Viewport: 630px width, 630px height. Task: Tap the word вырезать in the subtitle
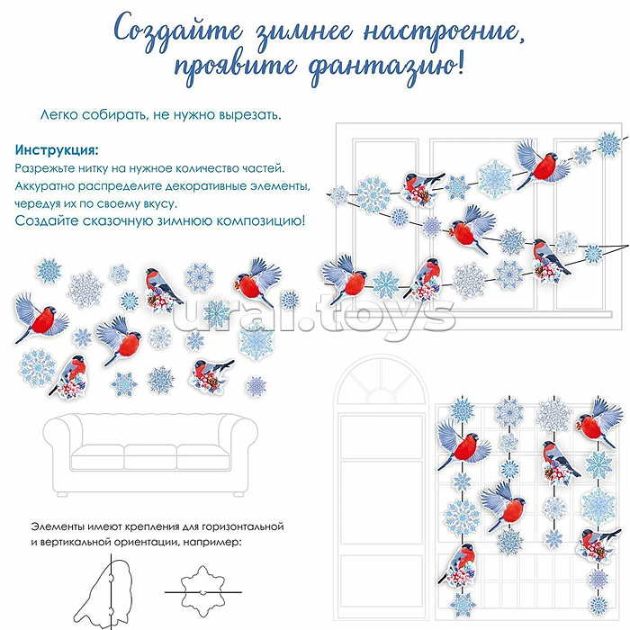coord(248,116)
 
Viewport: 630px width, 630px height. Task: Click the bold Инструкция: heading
coord(57,149)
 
